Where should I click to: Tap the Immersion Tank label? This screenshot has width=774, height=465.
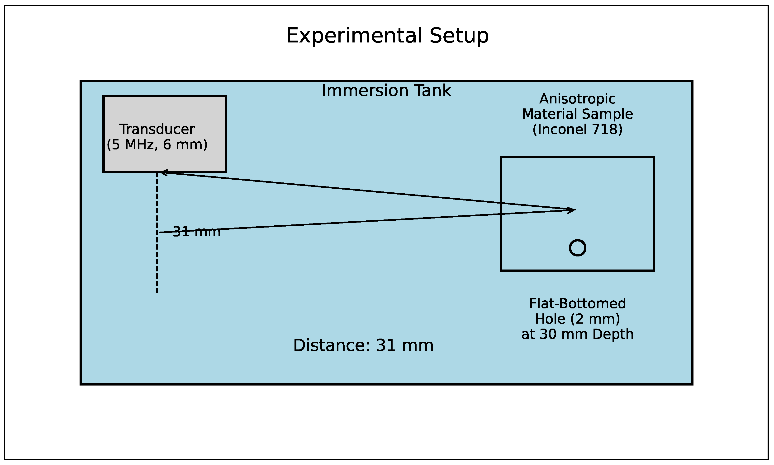pos(386,91)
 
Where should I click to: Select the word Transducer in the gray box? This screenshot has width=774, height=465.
pos(157,129)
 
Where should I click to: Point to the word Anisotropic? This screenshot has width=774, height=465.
pos(577,99)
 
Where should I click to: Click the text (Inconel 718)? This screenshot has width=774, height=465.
pos(577,129)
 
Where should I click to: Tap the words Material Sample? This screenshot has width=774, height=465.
pos(577,114)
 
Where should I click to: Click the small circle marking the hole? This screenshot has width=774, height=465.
pos(577,248)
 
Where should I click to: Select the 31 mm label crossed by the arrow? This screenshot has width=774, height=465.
pos(196,232)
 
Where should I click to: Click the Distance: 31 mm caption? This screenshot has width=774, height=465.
pos(363,345)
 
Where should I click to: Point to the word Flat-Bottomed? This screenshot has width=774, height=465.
pos(577,303)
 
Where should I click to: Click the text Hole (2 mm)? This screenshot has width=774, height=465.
pos(577,319)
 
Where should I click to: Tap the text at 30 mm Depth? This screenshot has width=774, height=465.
pos(577,334)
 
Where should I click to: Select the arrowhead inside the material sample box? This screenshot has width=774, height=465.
pos(572,210)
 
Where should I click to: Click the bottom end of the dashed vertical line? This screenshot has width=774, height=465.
pos(157,292)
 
